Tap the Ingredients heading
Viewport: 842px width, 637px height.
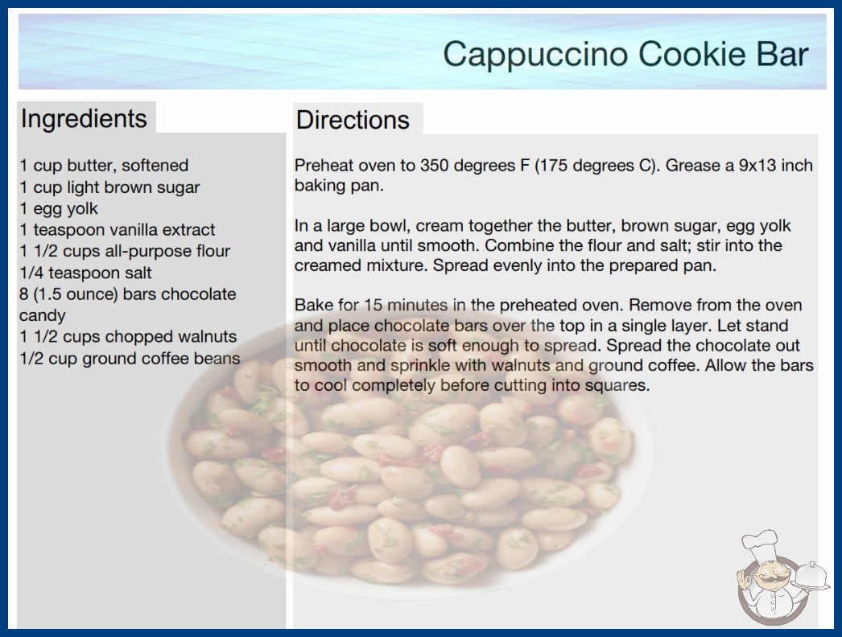pos(84,119)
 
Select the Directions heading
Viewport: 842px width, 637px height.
pos(353,120)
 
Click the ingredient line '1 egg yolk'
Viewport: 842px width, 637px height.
pos(59,208)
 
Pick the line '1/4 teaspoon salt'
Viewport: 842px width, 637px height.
pos(85,273)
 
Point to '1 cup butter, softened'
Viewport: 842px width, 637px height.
pos(104,166)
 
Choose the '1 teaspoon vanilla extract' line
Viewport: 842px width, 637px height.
pos(117,230)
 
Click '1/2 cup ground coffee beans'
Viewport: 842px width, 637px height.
pos(130,358)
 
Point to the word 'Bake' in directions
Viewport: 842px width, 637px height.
pos(314,305)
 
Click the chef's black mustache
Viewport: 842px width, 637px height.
pos(772,579)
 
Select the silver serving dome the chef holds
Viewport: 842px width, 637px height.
pos(811,575)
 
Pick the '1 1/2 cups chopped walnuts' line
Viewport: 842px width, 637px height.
pos(128,336)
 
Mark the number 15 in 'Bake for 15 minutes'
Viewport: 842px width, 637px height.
pos(374,305)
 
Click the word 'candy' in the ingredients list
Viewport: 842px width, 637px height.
pos(43,315)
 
